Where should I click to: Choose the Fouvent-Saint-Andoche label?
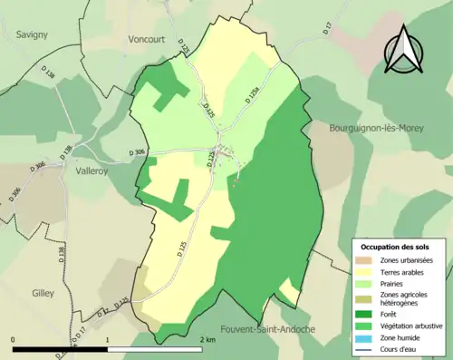[x=267, y=328]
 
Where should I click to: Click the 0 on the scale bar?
[x=14, y=340]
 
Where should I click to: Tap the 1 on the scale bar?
[x=108, y=340]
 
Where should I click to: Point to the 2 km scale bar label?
[x=207, y=340]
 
